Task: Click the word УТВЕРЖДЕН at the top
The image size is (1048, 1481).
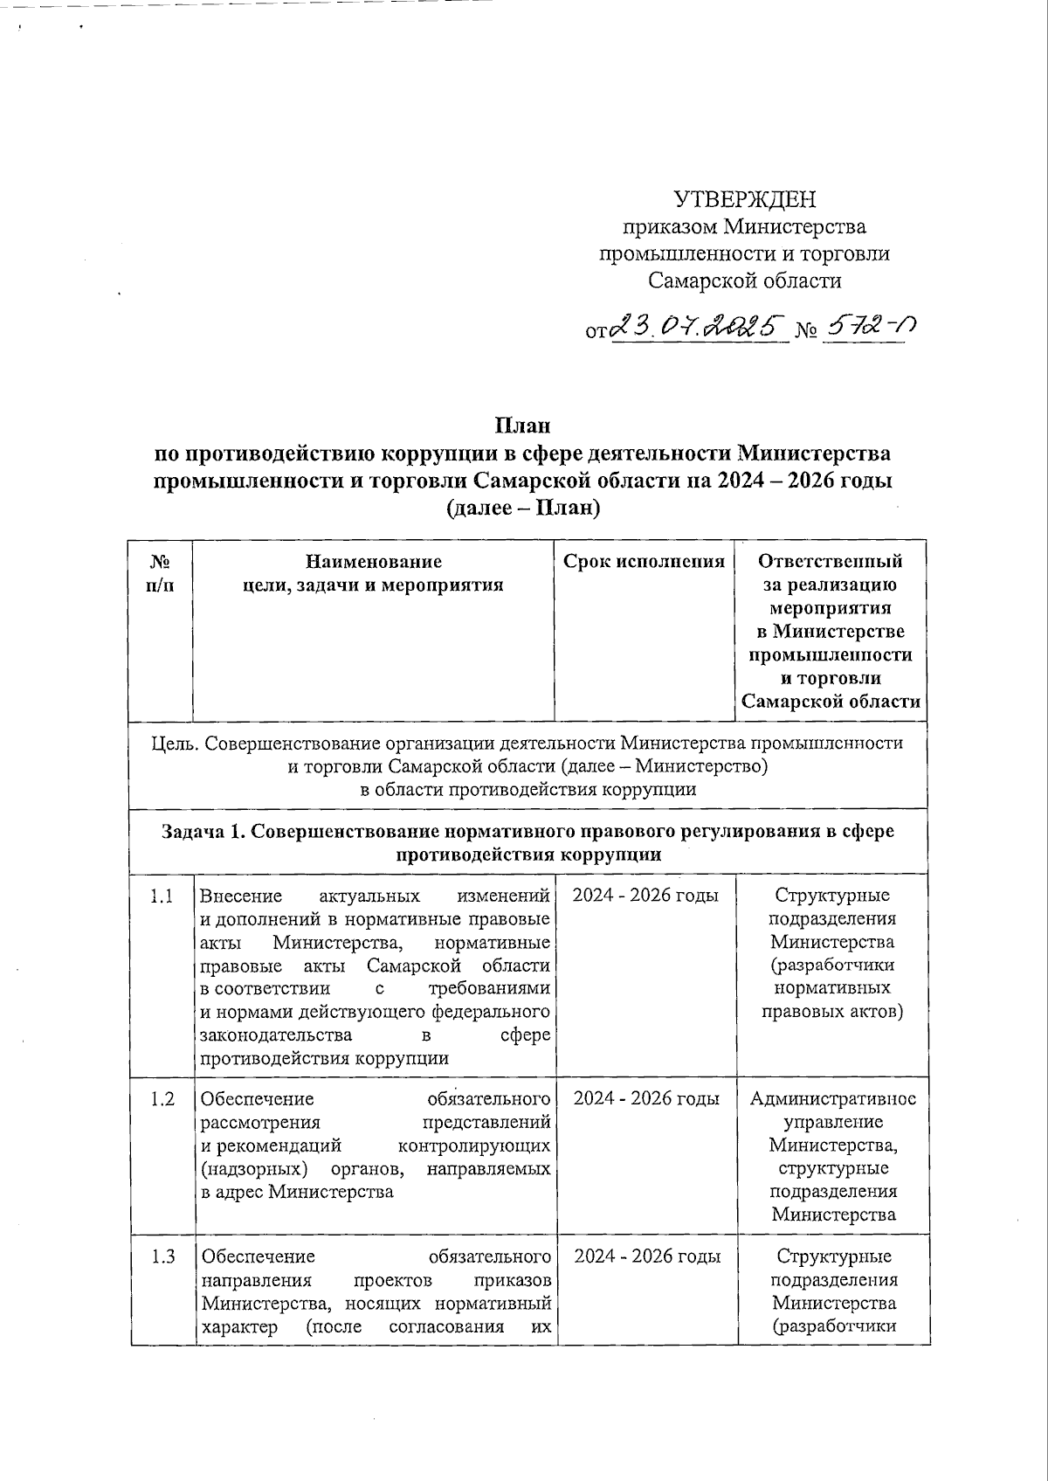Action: click(744, 200)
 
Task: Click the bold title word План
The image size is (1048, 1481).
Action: click(523, 426)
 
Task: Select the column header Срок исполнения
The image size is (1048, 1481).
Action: click(645, 562)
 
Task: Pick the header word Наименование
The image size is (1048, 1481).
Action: click(373, 562)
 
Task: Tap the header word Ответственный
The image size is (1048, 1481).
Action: click(831, 562)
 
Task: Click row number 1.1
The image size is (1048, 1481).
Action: click(162, 896)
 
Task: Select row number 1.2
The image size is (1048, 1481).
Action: click(162, 1099)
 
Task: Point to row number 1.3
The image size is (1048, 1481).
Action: click(162, 1256)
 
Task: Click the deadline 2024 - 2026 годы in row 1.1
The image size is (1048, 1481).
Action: click(646, 896)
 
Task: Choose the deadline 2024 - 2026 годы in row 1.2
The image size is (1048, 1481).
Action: click(646, 1099)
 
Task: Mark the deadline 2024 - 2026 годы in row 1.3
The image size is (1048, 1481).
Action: click(647, 1256)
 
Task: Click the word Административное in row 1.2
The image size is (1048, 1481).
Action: click(833, 1099)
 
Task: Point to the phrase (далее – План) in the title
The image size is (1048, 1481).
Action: click(523, 508)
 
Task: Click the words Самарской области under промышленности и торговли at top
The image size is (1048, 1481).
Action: click(744, 280)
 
